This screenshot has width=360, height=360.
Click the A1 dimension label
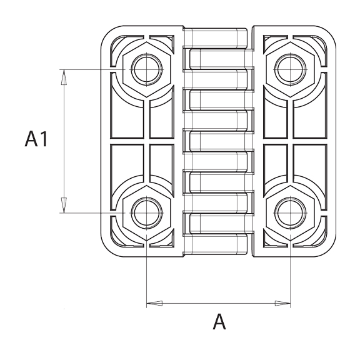[x=36, y=139]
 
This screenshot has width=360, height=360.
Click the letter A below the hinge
[x=219, y=322]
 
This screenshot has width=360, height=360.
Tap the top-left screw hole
[x=146, y=69]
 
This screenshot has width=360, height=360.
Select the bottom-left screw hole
[x=146, y=213]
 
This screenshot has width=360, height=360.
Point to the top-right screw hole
[x=290, y=69]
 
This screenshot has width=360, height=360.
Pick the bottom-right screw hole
[x=290, y=213]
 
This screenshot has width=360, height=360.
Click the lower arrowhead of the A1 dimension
[x=64, y=205]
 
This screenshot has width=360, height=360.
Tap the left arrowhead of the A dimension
[x=154, y=303]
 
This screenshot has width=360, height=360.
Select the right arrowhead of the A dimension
[x=282, y=303]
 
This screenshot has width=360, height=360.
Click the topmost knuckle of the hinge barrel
[x=216, y=38]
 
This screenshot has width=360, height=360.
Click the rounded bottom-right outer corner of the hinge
[x=330, y=251]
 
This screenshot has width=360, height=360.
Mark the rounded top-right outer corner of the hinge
[x=330, y=31]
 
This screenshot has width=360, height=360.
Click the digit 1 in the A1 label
[x=44, y=139]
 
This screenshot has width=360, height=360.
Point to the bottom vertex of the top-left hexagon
[x=146, y=97]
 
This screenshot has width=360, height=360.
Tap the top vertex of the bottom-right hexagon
[x=290, y=185]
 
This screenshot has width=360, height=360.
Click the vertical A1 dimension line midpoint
[x=64, y=141]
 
